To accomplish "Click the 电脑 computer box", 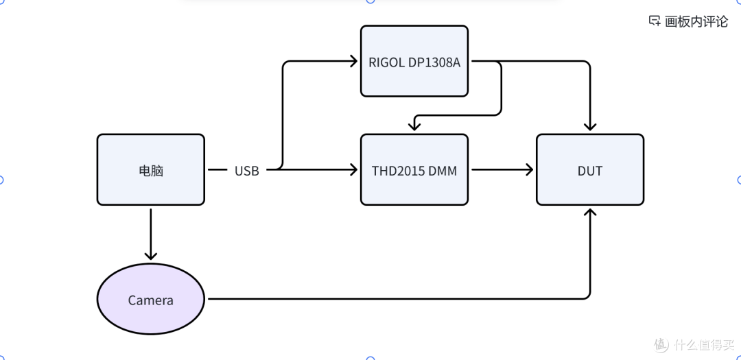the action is [x=151, y=169].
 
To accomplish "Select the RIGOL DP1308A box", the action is [x=414, y=61].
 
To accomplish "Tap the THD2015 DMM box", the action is [x=414, y=169].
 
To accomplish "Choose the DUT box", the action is [x=590, y=169].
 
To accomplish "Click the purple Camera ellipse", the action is [x=151, y=299].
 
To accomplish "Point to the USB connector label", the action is [x=247, y=171].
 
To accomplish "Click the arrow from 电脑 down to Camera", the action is [x=151, y=235].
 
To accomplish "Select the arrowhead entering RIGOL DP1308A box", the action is [x=353, y=61].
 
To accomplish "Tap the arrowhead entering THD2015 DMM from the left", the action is [x=353, y=169].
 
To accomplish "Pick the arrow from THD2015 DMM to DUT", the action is [x=502, y=169].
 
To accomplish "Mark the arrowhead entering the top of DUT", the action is [x=590, y=126].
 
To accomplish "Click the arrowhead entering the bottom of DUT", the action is [x=590, y=213].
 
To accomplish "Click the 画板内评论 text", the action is [x=696, y=21].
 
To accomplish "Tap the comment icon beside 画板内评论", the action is [x=655, y=21].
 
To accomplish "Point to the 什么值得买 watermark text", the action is [x=705, y=345].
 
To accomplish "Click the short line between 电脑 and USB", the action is [x=217, y=169].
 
